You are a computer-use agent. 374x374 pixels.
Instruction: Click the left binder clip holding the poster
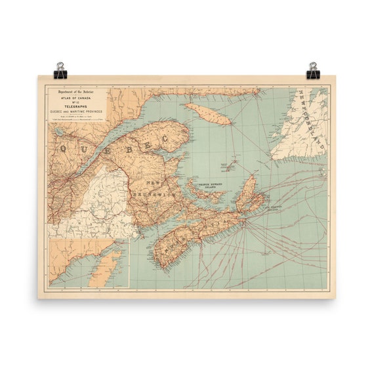(x=60, y=70)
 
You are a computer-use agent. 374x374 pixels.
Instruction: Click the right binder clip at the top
(x=312, y=70)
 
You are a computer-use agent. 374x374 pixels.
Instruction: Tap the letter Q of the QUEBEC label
(x=65, y=148)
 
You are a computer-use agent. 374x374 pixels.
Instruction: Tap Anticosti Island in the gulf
(x=208, y=114)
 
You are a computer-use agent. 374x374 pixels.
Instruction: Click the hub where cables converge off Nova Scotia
(x=245, y=222)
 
